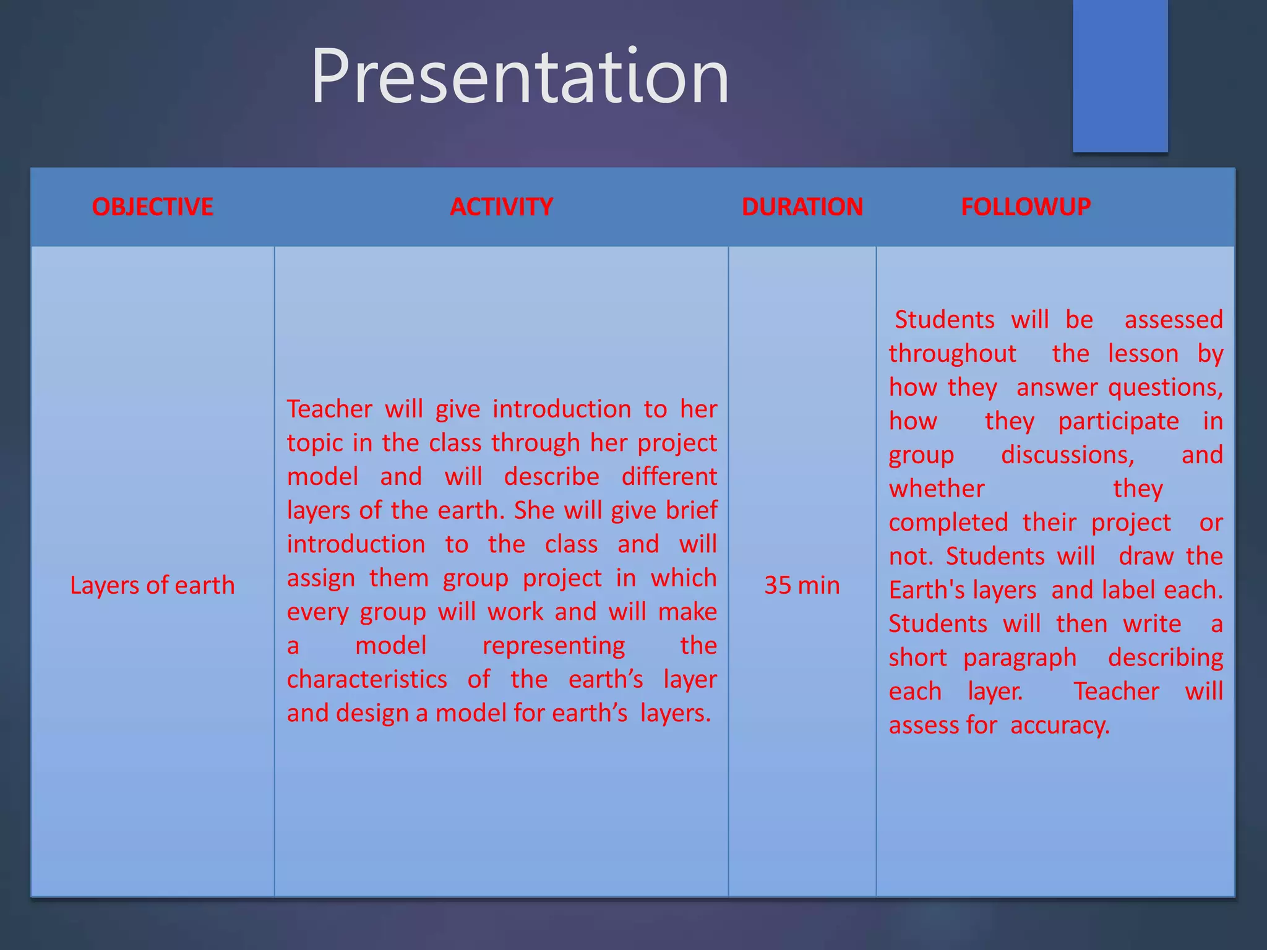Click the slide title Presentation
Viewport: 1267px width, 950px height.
pyautogui.click(x=520, y=77)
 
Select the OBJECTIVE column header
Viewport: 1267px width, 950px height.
pyautogui.click(x=152, y=207)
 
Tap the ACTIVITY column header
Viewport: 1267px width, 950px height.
pyautogui.click(x=501, y=207)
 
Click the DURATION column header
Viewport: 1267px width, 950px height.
pyautogui.click(x=802, y=207)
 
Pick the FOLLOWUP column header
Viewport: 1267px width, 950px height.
pyautogui.click(x=1025, y=207)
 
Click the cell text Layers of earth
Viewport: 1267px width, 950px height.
pyautogui.click(x=152, y=585)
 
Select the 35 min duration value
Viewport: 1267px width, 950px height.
pyautogui.click(x=802, y=585)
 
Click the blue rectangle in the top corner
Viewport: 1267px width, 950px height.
pyautogui.click(x=1120, y=74)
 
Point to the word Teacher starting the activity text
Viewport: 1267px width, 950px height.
pyautogui.click(x=329, y=409)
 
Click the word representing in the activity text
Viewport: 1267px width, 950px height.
pyautogui.click(x=554, y=646)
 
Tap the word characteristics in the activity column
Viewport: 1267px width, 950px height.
pyautogui.click(x=367, y=680)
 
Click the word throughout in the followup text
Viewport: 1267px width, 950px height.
pyautogui.click(x=952, y=354)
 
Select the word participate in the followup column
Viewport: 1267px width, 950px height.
pyautogui.click(x=1118, y=422)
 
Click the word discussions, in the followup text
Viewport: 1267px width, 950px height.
pyautogui.click(x=1067, y=455)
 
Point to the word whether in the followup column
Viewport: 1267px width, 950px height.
pyautogui.click(x=936, y=489)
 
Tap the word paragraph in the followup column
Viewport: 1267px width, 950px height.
pyautogui.click(x=1020, y=658)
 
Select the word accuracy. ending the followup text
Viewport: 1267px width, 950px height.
pyautogui.click(x=1060, y=725)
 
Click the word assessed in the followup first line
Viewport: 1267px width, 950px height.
pyautogui.click(x=1173, y=320)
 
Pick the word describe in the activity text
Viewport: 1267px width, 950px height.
pyautogui.click(x=551, y=477)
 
